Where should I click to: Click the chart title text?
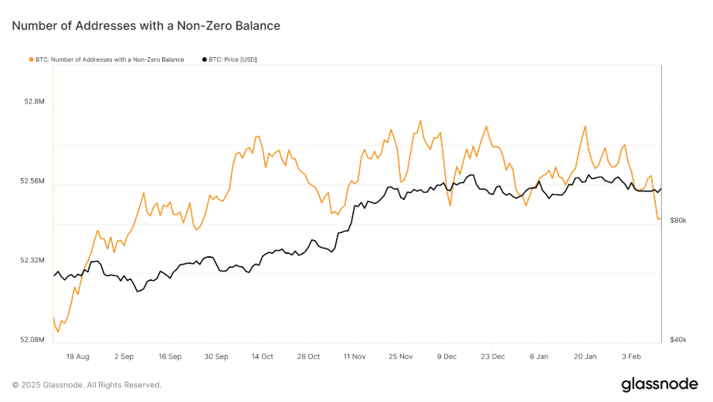pyautogui.click(x=146, y=26)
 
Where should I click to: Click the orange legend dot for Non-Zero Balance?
pyautogui.click(x=31, y=59)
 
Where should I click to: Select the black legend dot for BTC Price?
pyautogui.click(x=204, y=59)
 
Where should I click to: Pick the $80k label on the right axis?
pyautogui.click(x=678, y=221)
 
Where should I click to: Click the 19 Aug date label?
pyautogui.click(x=78, y=356)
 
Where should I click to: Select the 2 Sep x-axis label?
pyautogui.click(x=124, y=356)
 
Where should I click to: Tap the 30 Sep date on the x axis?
pyautogui.click(x=216, y=356)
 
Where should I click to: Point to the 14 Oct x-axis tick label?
pyautogui.click(x=262, y=356)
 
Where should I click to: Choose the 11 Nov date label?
pyautogui.click(x=355, y=356)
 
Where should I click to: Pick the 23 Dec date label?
pyautogui.click(x=493, y=356)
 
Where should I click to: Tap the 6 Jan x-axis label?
pyautogui.click(x=539, y=356)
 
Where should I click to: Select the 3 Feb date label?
pyautogui.click(x=631, y=356)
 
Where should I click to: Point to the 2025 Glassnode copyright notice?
pyautogui.click(x=87, y=384)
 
